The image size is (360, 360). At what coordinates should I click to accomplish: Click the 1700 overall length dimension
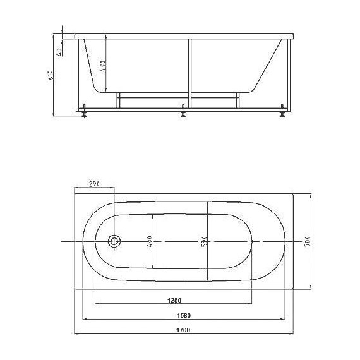(184, 330)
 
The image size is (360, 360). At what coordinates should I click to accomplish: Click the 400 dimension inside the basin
(150, 242)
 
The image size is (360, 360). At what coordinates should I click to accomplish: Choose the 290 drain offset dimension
(94, 183)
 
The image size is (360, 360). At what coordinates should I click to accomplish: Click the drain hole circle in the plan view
(114, 241)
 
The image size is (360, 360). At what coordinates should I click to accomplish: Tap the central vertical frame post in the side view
(188, 69)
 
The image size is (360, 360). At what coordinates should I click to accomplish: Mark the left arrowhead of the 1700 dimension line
(76, 334)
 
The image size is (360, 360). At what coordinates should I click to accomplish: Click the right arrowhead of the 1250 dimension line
(251, 304)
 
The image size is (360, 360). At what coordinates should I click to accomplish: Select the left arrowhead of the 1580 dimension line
(85, 319)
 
